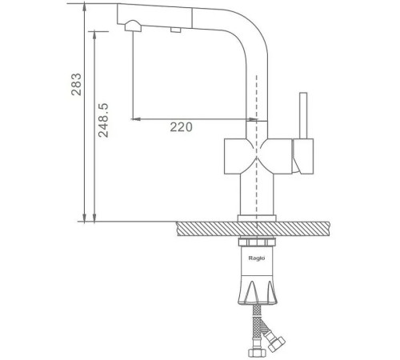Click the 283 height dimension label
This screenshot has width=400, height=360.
click(x=76, y=84)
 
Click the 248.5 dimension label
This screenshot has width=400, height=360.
click(x=103, y=120)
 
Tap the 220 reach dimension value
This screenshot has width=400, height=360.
click(x=181, y=127)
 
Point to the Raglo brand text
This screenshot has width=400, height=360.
click(x=257, y=258)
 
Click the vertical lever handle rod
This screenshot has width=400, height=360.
click(x=303, y=116)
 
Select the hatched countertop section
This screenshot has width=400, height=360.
click(x=253, y=229)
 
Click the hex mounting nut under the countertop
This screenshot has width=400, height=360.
click(x=257, y=242)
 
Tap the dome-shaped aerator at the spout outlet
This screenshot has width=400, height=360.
click(x=133, y=26)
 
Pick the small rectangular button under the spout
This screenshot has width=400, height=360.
click(x=176, y=30)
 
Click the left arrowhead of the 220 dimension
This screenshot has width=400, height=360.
click(x=135, y=119)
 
